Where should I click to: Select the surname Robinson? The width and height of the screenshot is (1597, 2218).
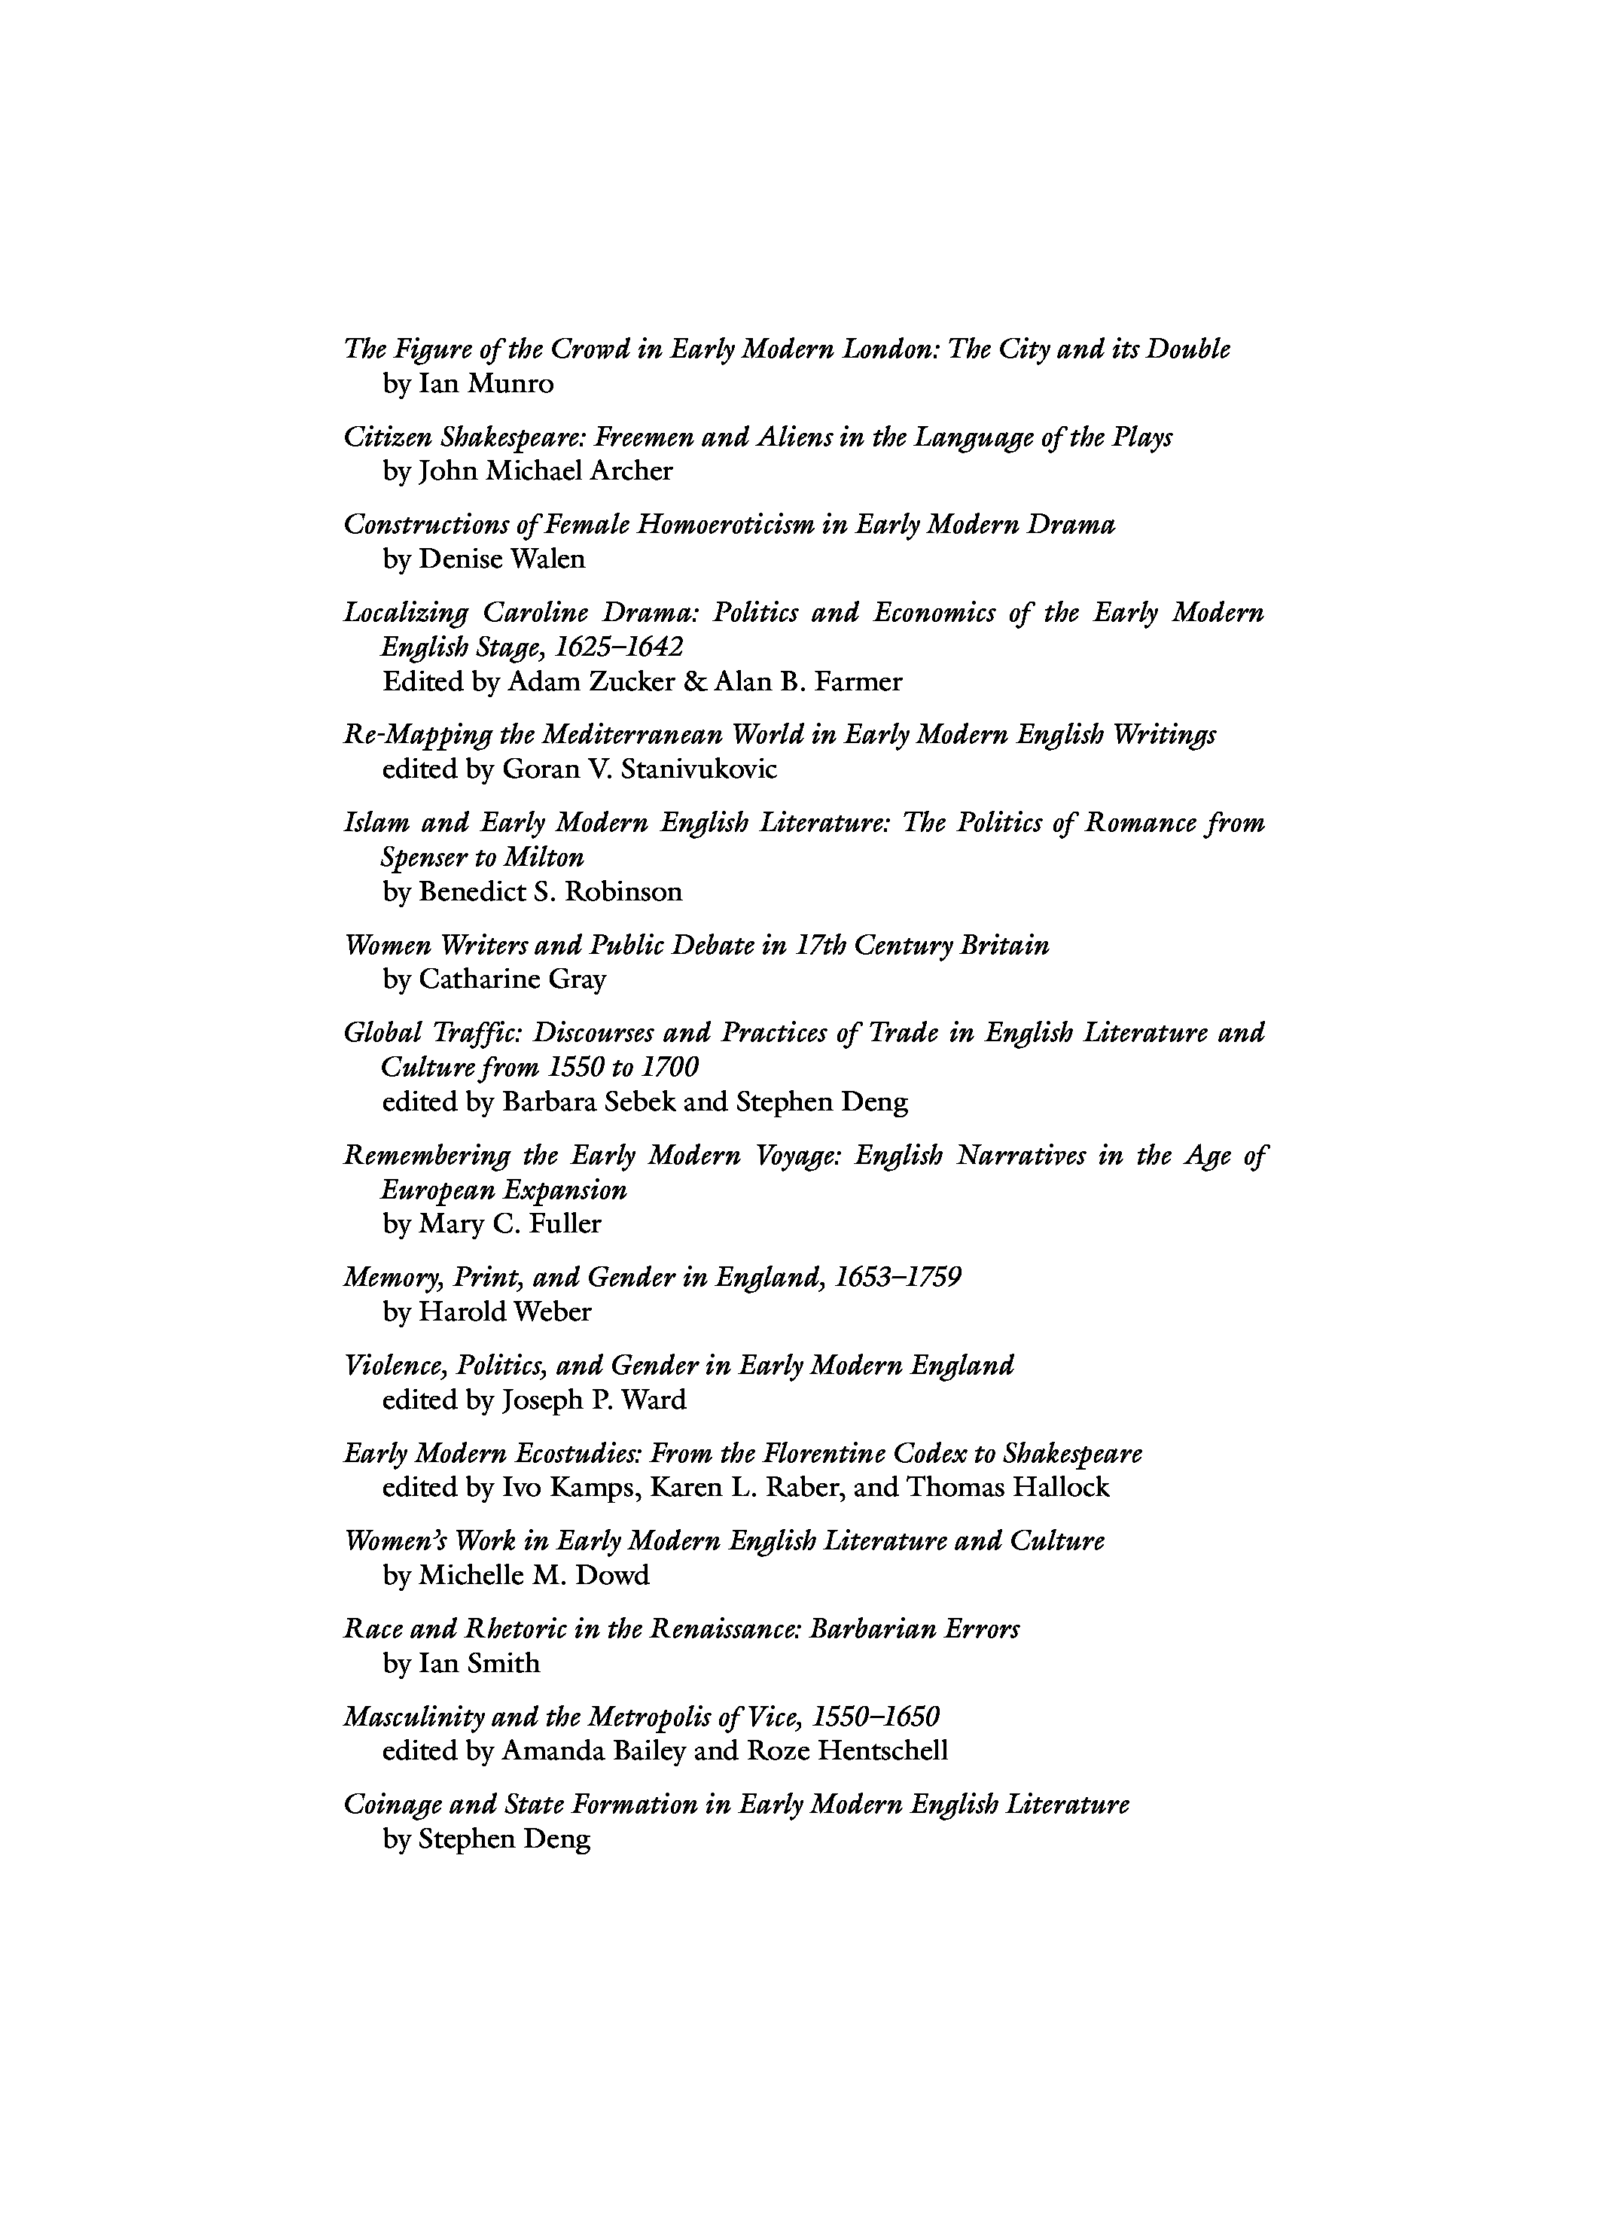[x=623, y=892]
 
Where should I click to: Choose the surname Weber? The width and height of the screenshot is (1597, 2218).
[x=553, y=1312]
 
